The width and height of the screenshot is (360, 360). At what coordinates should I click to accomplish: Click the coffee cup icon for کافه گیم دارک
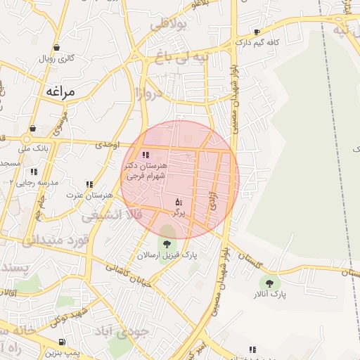257,32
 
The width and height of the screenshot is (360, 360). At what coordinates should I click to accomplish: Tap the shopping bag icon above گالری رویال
56,48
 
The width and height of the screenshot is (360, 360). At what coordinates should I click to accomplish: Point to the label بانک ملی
34,148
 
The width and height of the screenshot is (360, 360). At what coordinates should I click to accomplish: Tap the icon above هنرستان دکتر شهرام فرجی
146,155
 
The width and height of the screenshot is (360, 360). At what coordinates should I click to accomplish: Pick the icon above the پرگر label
178,201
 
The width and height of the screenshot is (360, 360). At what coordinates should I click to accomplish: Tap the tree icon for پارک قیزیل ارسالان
167,244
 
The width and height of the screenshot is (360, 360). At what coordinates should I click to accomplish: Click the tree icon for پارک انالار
269,283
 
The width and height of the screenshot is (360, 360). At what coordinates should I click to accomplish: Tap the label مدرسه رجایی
31,182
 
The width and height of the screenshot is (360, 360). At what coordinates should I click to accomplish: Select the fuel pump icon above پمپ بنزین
63,342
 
